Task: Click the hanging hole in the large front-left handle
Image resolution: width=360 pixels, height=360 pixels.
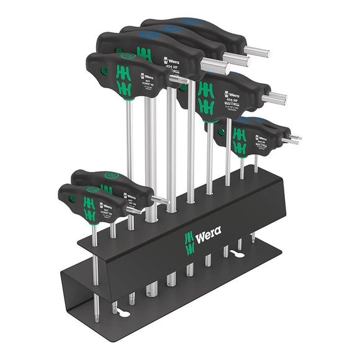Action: coord(104,71)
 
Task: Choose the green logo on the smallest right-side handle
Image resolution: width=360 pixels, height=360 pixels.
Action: coord(240,142)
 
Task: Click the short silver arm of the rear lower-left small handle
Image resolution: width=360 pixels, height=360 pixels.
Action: coord(160,199)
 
